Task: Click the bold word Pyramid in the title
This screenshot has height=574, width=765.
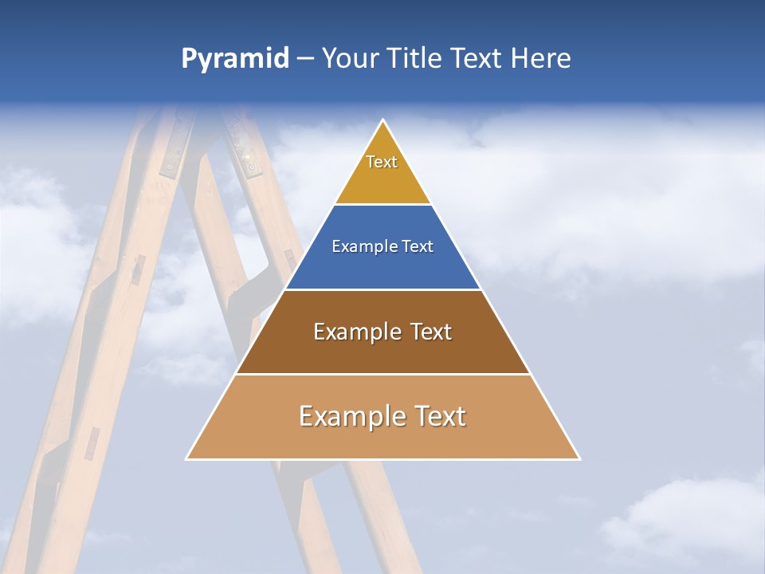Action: [234, 59]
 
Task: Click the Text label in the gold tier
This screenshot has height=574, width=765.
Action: [382, 162]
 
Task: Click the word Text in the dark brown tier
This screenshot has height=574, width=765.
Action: [431, 332]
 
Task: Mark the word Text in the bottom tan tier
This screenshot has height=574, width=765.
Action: [439, 416]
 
